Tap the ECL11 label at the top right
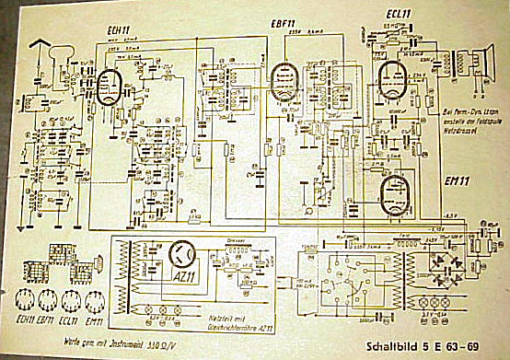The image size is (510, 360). [398, 14]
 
